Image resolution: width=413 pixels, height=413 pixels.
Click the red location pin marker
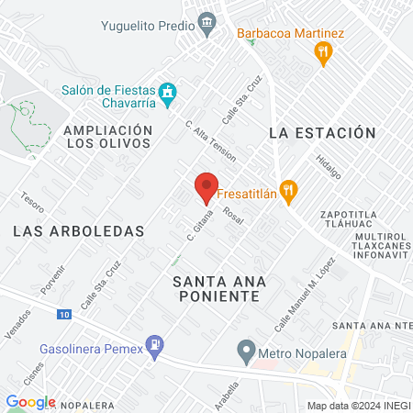coord(206,188)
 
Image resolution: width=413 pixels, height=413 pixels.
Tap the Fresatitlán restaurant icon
coord(289,193)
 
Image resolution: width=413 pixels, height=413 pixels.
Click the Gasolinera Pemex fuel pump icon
coord(157,347)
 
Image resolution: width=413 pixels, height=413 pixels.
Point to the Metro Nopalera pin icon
coord(246,350)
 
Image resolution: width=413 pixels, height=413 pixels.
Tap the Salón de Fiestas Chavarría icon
coord(166,93)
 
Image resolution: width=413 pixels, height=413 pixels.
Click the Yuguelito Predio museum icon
coord(207,20)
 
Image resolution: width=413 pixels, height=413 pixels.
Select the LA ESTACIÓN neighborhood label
coord(323,133)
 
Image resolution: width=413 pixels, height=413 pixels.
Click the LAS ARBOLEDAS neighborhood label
coord(79,231)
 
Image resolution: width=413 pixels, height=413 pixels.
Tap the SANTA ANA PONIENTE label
coord(217,289)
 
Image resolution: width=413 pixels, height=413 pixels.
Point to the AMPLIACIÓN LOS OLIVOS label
coord(107,137)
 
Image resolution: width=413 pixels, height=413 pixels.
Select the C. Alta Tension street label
coord(210,140)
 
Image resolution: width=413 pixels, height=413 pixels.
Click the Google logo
coord(30,402)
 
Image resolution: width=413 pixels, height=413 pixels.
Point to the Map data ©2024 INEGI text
coord(357,406)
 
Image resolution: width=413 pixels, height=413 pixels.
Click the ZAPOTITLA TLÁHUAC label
coord(351,223)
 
